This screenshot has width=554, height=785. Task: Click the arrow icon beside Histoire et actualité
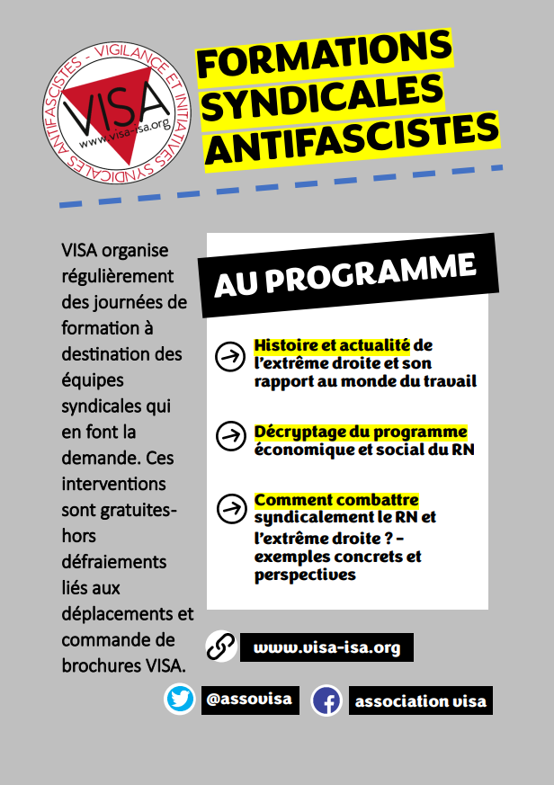click(231, 356)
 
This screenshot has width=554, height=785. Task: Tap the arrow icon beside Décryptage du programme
click(231, 436)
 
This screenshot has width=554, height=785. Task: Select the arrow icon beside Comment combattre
click(231, 508)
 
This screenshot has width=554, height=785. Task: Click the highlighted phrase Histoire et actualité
click(332, 345)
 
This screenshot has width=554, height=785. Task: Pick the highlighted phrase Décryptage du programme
click(361, 432)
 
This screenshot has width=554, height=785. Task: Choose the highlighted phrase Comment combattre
click(336, 500)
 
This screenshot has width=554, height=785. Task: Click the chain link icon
click(220, 647)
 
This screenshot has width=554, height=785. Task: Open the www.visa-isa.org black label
click(326, 647)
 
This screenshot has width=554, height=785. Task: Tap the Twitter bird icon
click(180, 699)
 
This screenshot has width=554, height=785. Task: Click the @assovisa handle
click(248, 699)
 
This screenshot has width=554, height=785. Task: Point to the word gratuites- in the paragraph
click(119, 510)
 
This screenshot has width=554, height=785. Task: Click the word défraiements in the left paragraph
click(114, 562)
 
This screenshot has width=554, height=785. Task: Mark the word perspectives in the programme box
click(305, 575)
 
